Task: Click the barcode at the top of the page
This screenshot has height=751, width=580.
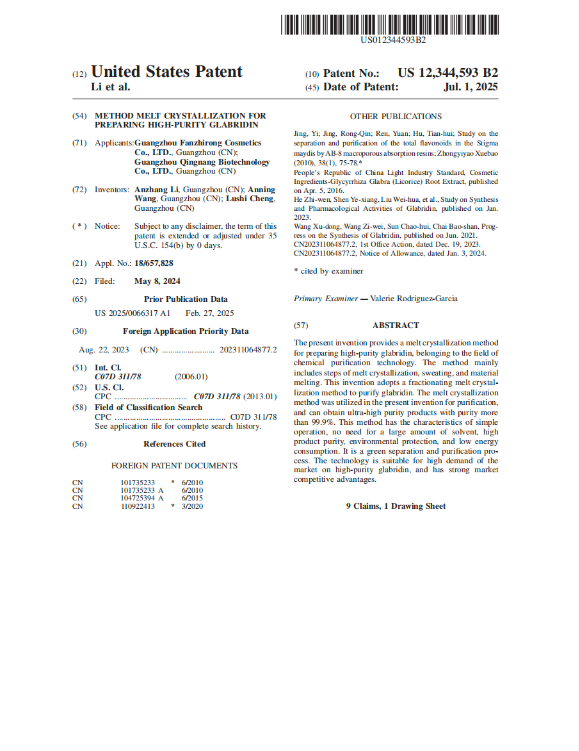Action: (389, 24)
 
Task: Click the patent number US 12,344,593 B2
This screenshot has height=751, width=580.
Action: (447, 73)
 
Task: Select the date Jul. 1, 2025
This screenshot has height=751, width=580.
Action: (471, 87)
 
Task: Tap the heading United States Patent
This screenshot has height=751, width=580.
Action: (167, 72)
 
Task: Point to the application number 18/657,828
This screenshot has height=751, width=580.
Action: (154, 263)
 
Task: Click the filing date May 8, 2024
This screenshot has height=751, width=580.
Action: (157, 281)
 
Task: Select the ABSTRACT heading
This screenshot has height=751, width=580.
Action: (396, 325)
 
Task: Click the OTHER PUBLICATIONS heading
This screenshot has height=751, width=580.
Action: (396, 117)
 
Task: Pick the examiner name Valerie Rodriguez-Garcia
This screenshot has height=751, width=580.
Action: (414, 299)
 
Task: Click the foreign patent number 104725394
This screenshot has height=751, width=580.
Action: (138, 498)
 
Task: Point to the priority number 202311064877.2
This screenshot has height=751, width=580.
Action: (248, 349)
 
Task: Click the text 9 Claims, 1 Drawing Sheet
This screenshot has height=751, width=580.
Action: (396, 506)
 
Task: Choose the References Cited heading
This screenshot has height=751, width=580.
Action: (174, 443)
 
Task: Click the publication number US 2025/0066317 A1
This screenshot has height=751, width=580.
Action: (133, 313)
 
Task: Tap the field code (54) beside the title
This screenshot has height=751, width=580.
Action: (80, 116)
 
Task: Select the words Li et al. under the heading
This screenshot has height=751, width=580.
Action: (111, 87)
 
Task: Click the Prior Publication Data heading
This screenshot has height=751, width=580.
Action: (186, 299)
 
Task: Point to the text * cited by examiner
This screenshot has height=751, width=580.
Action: (328, 271)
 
